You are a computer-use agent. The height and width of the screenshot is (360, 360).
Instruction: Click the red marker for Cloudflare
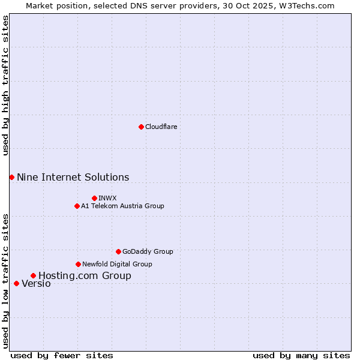click(141, 127)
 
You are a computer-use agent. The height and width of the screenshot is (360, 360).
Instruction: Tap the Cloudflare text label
click(161, 127)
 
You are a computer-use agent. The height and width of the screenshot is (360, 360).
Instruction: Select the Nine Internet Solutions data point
click(11, 177)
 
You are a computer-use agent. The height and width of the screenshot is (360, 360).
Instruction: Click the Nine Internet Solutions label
click(73, 177)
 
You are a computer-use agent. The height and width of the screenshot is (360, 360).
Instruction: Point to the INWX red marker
click(94, 198)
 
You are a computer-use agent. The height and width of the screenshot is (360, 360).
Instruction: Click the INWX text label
click(107, 198)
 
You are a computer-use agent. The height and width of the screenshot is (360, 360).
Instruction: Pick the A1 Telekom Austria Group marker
click(77, 206)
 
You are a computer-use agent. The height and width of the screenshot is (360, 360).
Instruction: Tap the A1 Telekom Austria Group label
click(122, 206)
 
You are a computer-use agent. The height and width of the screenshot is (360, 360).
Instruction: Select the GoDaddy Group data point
click(118, 251)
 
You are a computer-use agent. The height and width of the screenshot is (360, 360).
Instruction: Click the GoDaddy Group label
click(147, 251)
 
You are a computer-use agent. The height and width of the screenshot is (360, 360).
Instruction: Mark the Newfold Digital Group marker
click(78, 264)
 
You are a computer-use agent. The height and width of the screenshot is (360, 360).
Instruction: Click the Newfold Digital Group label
click(117, 264)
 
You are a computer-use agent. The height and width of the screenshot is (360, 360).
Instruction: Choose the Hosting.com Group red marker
click(33, 275)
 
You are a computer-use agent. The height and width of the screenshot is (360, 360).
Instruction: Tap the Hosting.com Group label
click(85, 275)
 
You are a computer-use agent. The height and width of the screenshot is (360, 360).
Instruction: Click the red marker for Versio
click(16, 283)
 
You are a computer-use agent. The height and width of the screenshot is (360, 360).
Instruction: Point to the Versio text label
click(36, 283)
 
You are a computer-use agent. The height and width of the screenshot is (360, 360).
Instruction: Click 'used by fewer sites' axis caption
click(62, 355)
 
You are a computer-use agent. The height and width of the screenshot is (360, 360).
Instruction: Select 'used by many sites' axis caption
click(301, 355)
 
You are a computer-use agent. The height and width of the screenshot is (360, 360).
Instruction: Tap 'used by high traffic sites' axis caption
click(5, 85)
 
